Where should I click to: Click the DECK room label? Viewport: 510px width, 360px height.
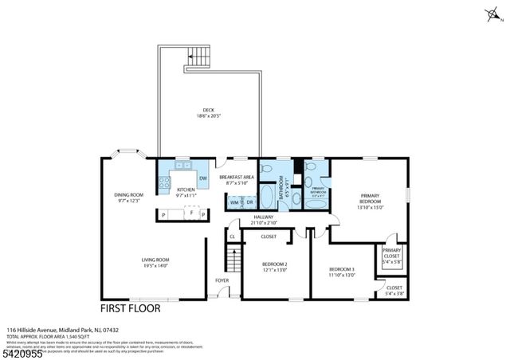pyautogui.click(x=209, y=111)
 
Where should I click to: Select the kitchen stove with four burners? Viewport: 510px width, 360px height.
pyautogui.click(x=165, y=184)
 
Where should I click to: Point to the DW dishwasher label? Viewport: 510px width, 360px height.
pyautogui.click(x=203, y=178)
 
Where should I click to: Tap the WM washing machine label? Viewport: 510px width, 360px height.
pyautogui.click(x=235, y=202)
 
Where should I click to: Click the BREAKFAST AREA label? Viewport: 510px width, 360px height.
pyautogui.click(x=237, y=177)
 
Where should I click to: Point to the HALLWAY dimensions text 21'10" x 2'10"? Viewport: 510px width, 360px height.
pyautogui.click(x=264, y=223)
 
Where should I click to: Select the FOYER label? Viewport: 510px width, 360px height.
pyautogui.click(x=222, y=280)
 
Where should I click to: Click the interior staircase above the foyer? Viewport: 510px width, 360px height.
pyautogui.click(x=233, y=260)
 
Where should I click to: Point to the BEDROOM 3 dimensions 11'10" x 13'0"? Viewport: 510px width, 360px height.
pyautogui.click(x=342, y=276)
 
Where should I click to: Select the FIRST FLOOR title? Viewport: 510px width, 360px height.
pyautogui.click(x=130, y=307)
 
